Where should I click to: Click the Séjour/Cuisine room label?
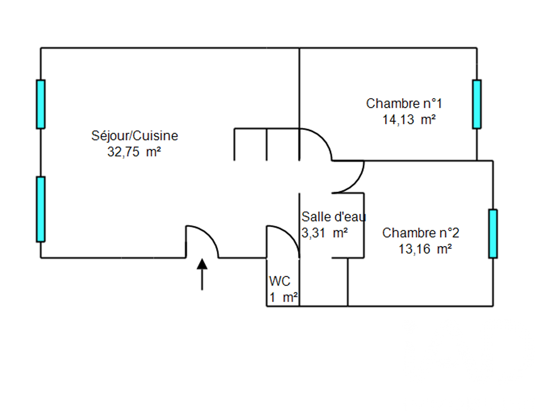click(134, 135)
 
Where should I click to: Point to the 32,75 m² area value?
click(134, 151)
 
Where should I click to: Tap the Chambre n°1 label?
click(404, 103)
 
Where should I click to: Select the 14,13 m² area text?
click(409, 120)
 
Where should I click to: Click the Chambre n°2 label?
click(420, 233)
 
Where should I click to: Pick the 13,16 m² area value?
click(424, 249)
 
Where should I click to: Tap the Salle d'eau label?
click(333, 217)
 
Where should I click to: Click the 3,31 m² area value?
click(325, 233)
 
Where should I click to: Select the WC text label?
click(280, 281)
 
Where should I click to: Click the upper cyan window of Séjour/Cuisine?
click(41, 104)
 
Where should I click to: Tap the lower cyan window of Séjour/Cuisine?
click(41, 209)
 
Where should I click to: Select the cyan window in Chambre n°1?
click(476, 104)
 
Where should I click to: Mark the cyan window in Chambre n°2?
click(493, 233)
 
